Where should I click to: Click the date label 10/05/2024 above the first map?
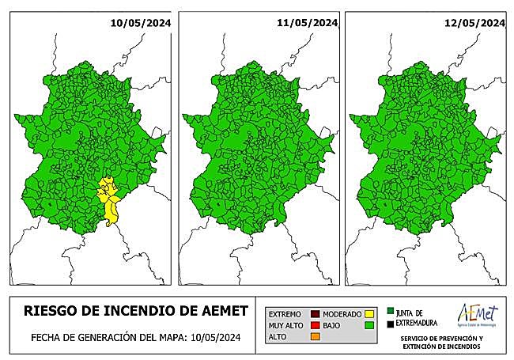pos(141,23)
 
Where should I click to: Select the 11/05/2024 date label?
pos(308,23)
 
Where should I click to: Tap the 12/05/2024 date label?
pos(474,23)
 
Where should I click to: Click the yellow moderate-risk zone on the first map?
pos(109,198)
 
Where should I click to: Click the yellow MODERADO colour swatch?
pos(369,314)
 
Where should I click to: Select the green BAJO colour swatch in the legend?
pos(369,325)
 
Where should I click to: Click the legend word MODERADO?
pos(342,314)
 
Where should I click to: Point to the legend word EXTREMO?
pos(285,314)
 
